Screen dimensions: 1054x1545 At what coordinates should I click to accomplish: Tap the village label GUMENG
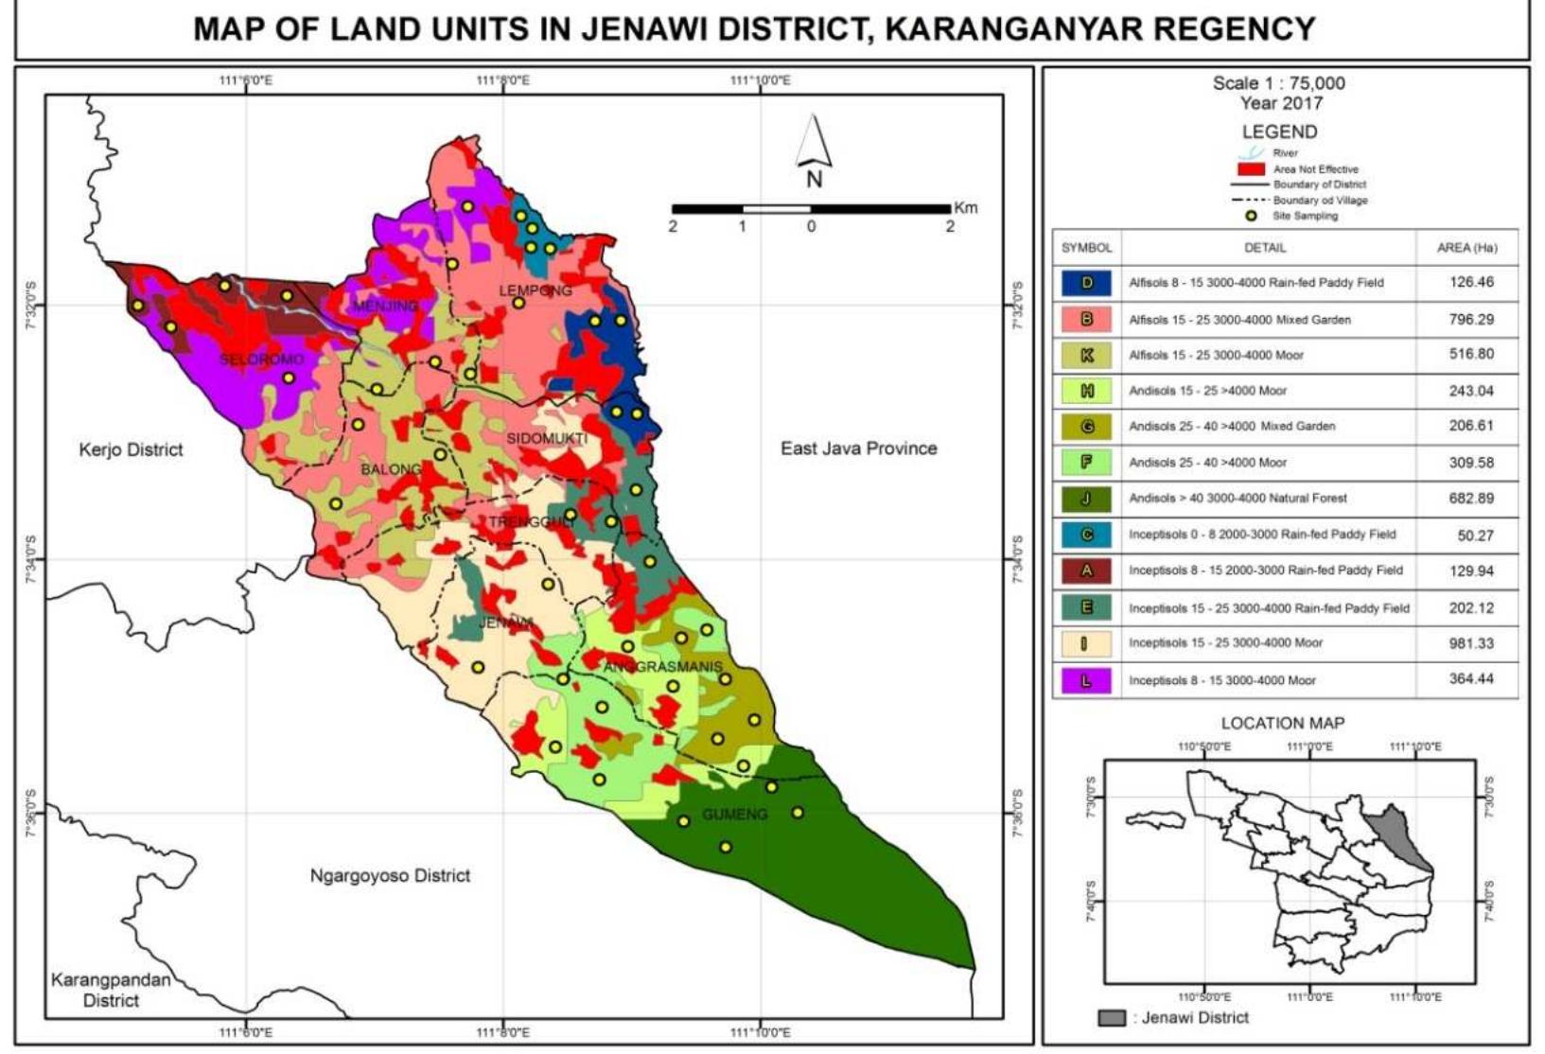tap(734, 814)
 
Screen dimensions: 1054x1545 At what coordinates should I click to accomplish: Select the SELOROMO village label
tap(261, 360)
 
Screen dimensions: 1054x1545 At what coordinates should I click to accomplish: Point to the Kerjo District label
tap(131, 449)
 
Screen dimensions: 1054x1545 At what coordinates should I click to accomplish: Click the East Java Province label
tap(858, 448)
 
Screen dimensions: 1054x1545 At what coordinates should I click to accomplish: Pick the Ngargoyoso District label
tap(390, 875)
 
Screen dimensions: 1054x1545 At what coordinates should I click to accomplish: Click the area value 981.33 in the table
tap(1470, 643)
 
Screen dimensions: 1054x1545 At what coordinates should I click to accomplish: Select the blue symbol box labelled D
tap(1086, 283)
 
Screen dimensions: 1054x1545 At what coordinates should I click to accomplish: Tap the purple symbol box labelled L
tap(1086, 680)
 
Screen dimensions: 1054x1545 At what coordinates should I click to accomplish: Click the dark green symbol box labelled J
tap(1086, 499)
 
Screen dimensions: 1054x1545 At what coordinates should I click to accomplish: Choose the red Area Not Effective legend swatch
tap(1251, 168)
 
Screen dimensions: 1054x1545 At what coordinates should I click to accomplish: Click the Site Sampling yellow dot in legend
tap(1251, 216)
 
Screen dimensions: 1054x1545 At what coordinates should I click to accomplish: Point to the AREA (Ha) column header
tap(1466, 248)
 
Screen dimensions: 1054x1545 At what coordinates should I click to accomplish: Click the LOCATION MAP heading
tap(1282, 723)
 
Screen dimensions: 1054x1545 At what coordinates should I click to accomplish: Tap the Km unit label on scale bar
tap(965, 208)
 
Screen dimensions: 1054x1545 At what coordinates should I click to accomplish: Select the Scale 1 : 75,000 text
tap(1278, 83)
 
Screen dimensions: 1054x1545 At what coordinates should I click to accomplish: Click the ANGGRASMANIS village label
tap(662, 667)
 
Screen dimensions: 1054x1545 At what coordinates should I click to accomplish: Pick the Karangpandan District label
tap(111, 990)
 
